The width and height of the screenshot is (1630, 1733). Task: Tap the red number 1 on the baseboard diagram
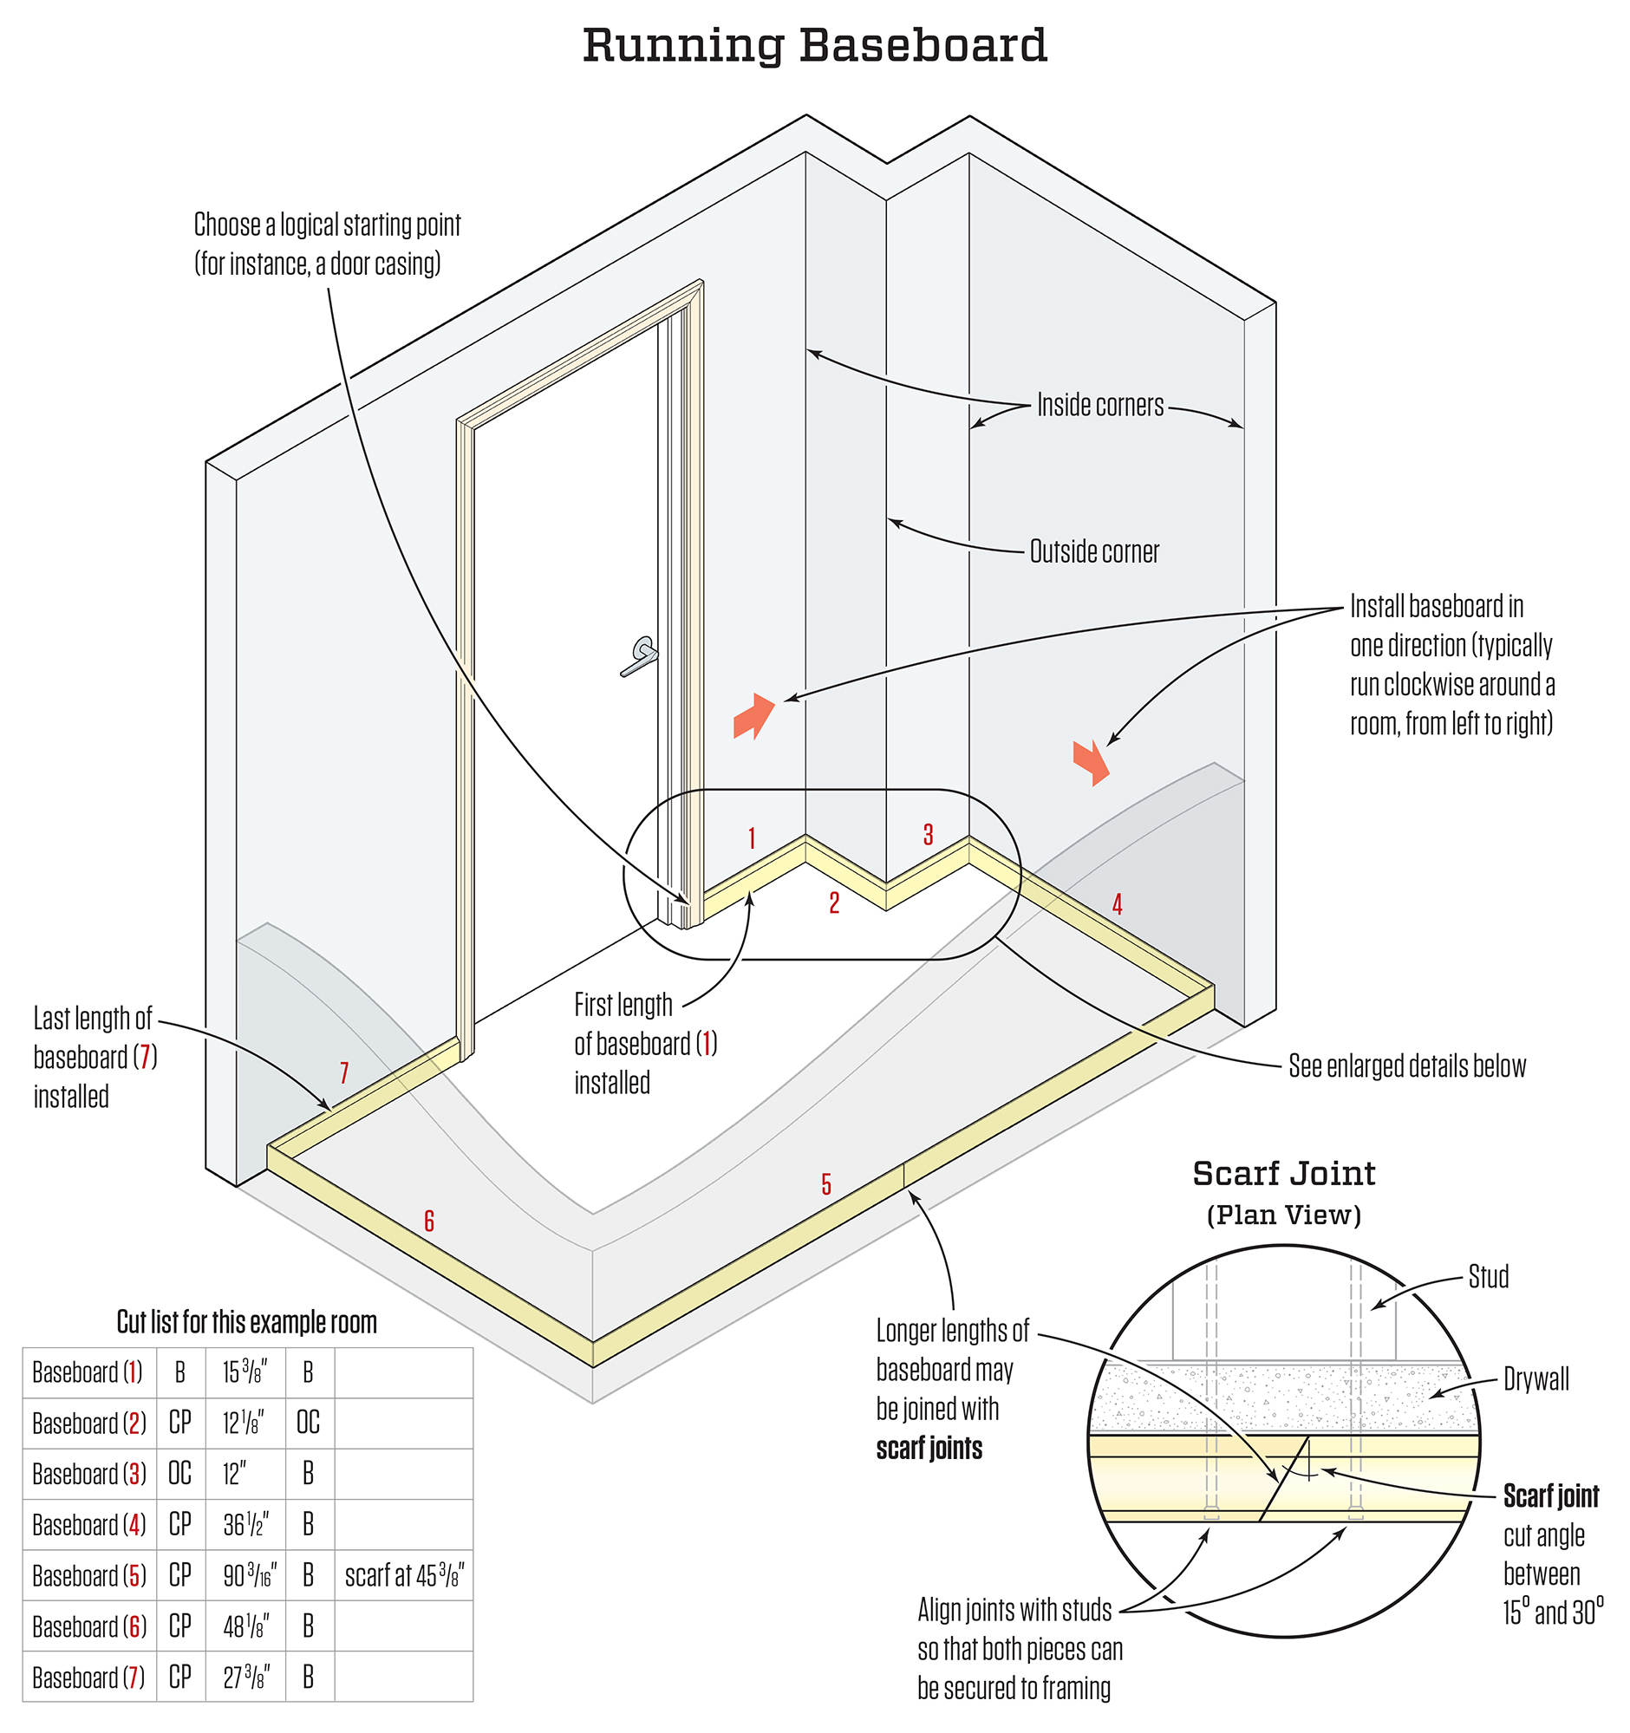coord(752,838)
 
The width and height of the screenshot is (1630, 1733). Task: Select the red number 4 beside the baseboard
coord(1117,905)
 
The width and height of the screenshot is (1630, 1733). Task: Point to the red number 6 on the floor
coord(429,1222)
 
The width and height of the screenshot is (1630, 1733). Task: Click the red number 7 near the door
coord(344,1073)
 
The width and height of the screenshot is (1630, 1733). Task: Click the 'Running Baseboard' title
coord(814,45)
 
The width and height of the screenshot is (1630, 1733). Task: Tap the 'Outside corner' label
coord(1094,552)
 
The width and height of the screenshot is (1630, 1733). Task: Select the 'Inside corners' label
coord(1100,406)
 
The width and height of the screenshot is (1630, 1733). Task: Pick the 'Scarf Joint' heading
coord(1284,1174)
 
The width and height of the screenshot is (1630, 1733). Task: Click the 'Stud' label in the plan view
coord(1488,1277)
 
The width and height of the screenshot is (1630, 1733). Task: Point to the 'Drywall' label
coord(1535,1379)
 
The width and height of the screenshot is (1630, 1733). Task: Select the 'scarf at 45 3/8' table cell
coord(404,1575)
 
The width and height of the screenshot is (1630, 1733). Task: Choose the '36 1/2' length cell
coord(246,1525)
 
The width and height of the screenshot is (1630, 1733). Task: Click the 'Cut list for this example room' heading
coord(247,1322)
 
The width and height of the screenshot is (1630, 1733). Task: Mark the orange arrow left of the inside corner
coord(754,716)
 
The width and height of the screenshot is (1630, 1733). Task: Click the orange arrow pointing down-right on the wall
coord(1092,762)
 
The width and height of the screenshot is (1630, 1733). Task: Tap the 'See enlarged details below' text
coord(1407,1066)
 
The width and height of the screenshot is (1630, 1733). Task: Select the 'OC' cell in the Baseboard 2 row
coord(309,1424)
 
